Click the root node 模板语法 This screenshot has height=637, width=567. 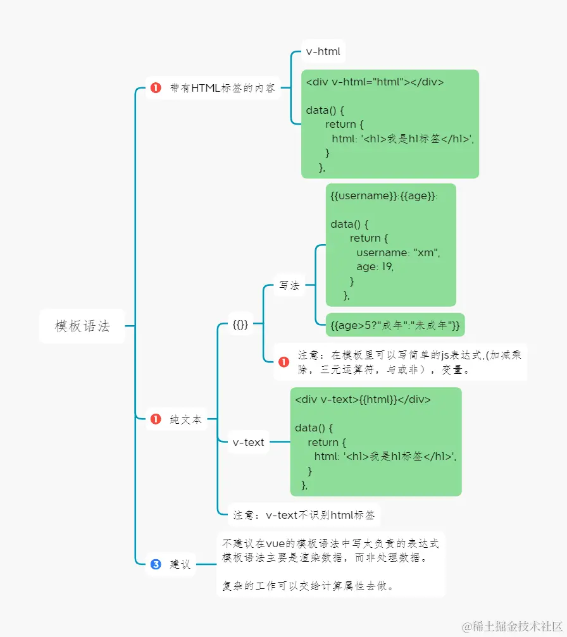(82, 326)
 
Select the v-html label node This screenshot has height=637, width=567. (323, 52)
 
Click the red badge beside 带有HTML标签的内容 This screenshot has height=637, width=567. (156, 89)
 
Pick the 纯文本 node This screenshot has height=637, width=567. (186, 419)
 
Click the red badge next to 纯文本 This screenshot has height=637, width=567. (156, 419)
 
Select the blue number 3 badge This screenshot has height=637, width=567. (156, 564)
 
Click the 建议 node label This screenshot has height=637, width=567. (180, 564)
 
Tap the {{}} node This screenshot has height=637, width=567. (240, 325)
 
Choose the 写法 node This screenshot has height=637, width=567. (289, 286)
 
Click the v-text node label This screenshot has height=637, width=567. (249, 442)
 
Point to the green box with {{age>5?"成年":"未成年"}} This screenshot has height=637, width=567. (395, 326)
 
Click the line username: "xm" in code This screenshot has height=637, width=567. (397, 252)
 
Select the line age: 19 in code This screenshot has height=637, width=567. (375, 267)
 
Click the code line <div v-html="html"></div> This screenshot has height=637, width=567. (375, 82)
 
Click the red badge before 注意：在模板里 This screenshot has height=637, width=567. (283, 362)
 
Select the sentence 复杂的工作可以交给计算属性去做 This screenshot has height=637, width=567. (309, 586)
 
